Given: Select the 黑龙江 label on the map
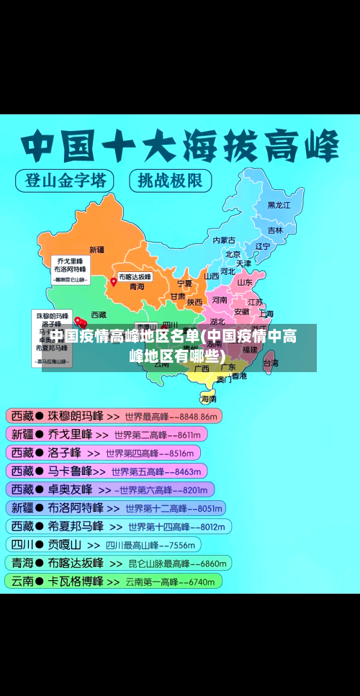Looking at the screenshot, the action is click(x=279, y=205).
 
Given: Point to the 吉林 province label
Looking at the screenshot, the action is click(x=275, y=230).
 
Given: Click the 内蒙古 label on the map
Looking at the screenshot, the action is click(x=224, y=240).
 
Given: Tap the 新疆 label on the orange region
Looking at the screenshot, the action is click(x=96, y=250).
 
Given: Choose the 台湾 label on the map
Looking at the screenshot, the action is click(x=271, y=363).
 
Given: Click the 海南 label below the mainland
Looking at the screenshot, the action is click(x=209, y=398).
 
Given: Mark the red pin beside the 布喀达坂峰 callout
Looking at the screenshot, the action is click(x=113, y=282).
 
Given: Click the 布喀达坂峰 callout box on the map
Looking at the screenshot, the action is click(x=135, y=276).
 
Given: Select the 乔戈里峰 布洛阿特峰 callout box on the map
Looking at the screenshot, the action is click(x=69, y=269).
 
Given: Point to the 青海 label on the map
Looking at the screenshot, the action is click(x=137, y=286).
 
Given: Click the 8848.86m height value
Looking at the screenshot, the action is click(x=198, y=416).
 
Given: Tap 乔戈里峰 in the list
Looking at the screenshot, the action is click(x=70, y=434).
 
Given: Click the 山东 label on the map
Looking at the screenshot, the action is click(x=245, y=282).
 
